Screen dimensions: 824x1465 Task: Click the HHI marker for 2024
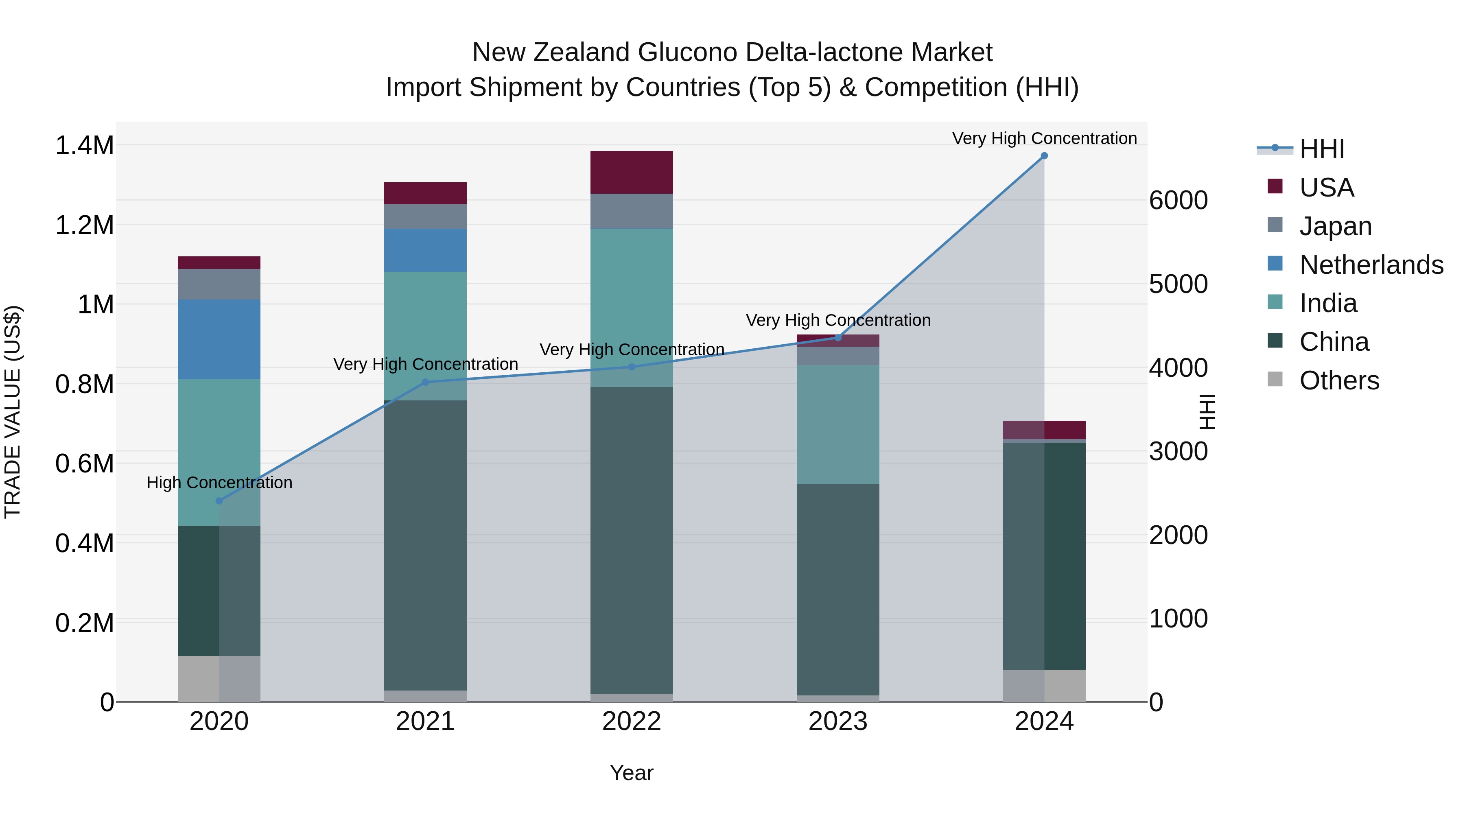click(1044, 156)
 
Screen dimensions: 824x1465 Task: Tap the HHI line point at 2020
click(219, 501)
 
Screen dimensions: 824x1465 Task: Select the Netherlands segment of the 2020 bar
click(219, 339)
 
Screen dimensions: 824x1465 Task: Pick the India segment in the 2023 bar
click(838, 425)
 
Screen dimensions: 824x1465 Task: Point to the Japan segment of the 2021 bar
click(425, 216)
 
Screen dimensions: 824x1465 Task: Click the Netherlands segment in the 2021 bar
click(425, 250)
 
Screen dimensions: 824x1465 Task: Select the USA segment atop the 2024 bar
click(1044, 430)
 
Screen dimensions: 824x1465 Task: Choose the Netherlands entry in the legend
click(1371, 265)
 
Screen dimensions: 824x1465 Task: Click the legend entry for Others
click(1339, 380)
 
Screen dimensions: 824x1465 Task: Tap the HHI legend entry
click(1322, 149)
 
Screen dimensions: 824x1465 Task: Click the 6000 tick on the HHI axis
click(1178, 200)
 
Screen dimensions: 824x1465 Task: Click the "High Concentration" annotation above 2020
click(219, 483)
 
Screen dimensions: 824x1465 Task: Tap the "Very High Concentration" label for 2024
click(1044, 138)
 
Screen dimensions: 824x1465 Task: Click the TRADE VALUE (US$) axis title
click(13, 412)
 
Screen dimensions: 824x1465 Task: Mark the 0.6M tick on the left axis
click(85, 463)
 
